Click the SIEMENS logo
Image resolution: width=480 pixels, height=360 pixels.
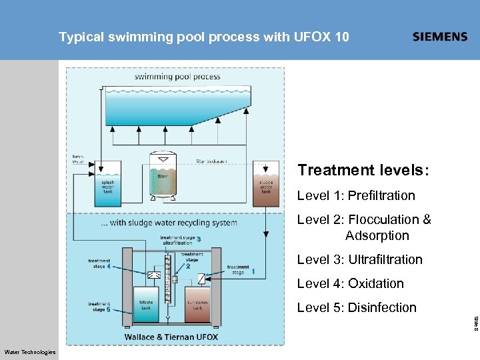coord(440,37)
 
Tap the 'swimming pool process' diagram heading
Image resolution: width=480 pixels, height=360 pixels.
coord(177,77)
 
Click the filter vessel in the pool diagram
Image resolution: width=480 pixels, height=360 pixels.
coord(163,175)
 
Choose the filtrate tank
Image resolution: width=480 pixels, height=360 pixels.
coord(146,305)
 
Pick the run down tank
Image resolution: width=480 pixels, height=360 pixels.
coord(197,305)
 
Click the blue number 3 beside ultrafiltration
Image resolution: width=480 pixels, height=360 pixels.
coord(199,239)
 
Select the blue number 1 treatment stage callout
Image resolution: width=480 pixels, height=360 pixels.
coord(253,271)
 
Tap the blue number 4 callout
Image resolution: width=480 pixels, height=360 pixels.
coord(108,267)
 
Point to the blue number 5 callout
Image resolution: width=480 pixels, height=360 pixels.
coord(108,309)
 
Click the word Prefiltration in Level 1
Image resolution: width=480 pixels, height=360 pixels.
coord(381,195)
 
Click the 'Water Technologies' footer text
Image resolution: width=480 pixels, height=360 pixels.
coord(30,352)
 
